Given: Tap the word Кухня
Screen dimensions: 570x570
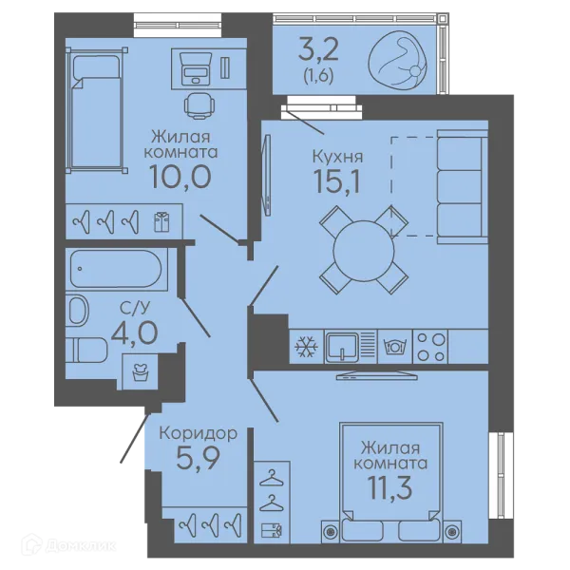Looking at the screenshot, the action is click(337, 157).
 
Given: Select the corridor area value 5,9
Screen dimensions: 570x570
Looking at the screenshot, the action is click(199, 458).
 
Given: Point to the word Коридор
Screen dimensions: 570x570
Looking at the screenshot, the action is click(199, 433).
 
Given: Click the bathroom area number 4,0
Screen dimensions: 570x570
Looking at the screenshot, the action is click(135, 332).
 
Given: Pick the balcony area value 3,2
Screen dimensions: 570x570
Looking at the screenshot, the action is click(318, 49).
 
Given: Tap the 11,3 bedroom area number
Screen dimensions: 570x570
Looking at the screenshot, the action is click(390, 487).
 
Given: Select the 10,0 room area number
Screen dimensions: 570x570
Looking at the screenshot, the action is click(180, 177).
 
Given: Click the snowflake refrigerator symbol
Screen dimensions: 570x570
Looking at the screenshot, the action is click(306, 346).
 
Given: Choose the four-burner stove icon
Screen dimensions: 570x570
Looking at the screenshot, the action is click(430, 347).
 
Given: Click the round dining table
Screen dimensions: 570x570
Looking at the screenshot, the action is click(364, 251).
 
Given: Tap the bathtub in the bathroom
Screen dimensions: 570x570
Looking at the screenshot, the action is click(116, 269).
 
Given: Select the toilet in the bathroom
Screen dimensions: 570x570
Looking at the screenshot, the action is click(86, 350).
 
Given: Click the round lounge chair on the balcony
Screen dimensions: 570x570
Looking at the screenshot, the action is click(398, 58).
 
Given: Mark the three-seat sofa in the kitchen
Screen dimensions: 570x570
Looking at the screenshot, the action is click(462, 187).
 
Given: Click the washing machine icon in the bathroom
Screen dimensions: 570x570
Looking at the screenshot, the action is click(140, 371).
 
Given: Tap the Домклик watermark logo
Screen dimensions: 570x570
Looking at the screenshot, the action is click(68, 545).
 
